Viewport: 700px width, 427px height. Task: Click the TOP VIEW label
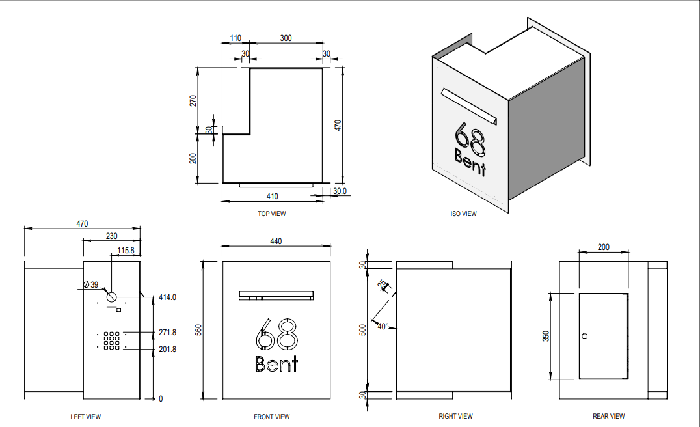(271, 213)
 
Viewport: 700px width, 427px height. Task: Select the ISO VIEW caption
(463, 213)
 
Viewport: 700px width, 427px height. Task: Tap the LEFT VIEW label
(86, 417)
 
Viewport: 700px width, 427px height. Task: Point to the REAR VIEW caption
(608, 416)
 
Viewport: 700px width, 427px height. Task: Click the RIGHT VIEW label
(455, 416)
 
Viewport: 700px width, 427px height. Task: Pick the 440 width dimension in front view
(276, 241)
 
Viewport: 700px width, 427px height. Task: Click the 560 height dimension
(198, 330)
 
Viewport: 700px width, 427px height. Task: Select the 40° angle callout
(383, 327)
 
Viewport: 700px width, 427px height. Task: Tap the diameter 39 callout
(90, 284)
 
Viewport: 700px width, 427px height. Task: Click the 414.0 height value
(167, 297)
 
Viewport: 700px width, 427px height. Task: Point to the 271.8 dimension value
(167, 333)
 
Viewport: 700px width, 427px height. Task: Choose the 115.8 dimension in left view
(126, 250)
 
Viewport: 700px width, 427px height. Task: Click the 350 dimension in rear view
(546, 337)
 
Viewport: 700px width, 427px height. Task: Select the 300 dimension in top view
(286, 38)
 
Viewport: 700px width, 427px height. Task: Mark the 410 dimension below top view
(273, 196)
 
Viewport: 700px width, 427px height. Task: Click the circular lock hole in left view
(111, 297)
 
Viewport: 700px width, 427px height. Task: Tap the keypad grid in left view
(112, 340)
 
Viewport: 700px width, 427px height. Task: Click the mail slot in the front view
(276, 296)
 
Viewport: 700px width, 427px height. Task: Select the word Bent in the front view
(276, 364)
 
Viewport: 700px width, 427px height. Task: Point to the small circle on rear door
(584, 336)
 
